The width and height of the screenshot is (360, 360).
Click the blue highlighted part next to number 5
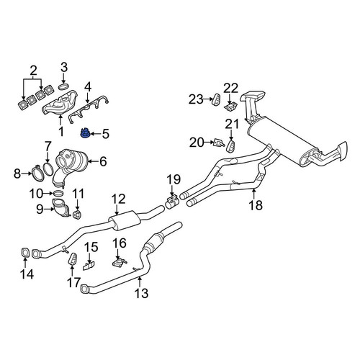[x=84, y=133]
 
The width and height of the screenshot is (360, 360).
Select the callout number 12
[x=119, y=199]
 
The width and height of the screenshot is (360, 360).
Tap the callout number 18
[x=256, y=205]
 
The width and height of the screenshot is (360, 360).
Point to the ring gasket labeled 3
[x=63, y=86]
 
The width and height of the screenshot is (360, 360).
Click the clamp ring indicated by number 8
[x=37, y=172]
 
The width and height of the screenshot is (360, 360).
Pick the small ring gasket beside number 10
[x=58, y=193]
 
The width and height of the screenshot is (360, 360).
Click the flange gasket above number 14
[x=24, y=253]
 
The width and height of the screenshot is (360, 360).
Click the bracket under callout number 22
[x=230, y=107]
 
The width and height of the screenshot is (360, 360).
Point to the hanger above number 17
[x=73, y=259]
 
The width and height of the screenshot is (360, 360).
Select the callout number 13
[x=141, y=293]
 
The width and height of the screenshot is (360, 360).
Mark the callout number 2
[x=33, y=71]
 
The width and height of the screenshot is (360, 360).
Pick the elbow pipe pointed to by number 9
[x=61, y=208]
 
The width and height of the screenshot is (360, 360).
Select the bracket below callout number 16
[x=120, y=262]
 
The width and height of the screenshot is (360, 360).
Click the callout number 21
[x=232, y=125]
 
